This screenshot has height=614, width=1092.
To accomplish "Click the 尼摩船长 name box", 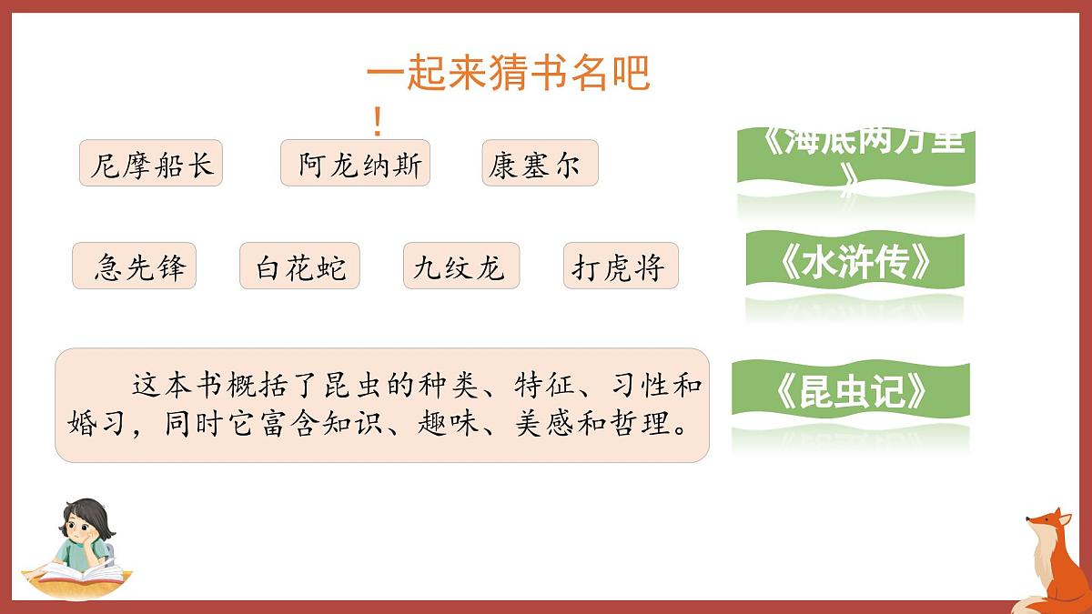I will [151, 164].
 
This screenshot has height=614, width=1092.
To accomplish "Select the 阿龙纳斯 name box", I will [355, 164].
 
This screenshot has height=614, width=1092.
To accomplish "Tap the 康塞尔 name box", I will [540, 164].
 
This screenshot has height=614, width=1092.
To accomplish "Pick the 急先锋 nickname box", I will [135, 267].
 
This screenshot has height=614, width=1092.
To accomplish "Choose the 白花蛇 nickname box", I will [299, 267].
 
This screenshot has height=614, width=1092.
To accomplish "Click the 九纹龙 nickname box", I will [460, 267].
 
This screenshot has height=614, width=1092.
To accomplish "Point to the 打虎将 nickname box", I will [621, 267].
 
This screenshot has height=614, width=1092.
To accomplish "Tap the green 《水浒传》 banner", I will [855, 264].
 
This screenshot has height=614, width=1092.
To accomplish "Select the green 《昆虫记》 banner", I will [851, 392].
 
